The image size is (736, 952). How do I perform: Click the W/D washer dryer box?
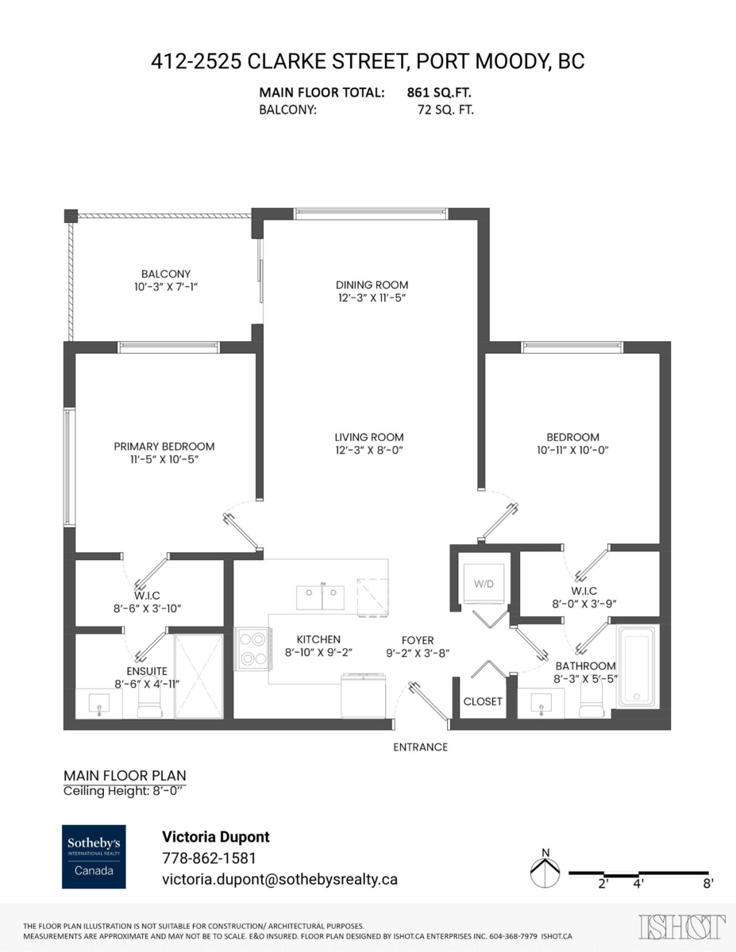click(484, 585)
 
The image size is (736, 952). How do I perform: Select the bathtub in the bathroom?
click(638, 666)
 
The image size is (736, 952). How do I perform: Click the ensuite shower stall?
click(198, 675)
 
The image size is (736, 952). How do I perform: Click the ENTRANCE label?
click(421, 747)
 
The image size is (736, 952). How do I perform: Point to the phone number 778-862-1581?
click(209, 858)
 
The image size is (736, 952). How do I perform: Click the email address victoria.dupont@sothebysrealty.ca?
click(279, 879)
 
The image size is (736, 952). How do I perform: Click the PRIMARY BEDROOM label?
click(164, 447)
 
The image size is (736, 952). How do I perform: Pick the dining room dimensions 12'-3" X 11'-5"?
click(372, 297)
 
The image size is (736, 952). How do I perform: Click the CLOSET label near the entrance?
click(483, 701)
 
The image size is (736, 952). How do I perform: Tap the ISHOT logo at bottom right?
click(682, 927)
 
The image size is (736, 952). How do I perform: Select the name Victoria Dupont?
click(215, 837)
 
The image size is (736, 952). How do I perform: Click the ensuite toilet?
click(148, 702)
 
